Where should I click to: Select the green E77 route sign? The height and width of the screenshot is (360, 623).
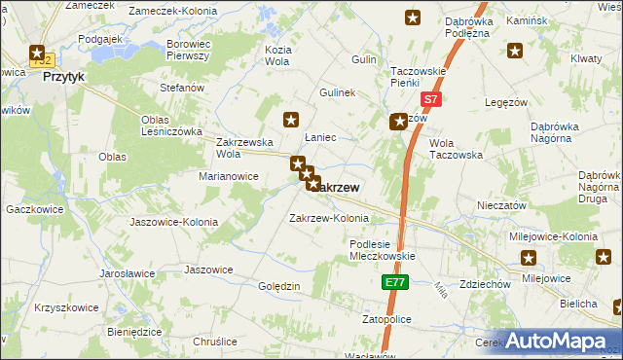(x=393, y=282)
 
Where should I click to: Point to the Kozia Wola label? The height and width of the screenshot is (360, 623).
(x=278, y=55)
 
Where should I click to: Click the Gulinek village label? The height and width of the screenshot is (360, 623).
(x=338, y=92)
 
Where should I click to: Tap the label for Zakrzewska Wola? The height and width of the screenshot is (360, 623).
(x=242, y=147)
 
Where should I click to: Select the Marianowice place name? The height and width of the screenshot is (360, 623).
(x=229, y=176)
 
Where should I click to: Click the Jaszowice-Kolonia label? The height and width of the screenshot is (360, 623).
(x=173, y=222)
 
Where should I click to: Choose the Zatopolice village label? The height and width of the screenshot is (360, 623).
(x=387, y=319)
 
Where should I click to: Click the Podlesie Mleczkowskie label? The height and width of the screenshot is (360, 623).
(x=383, y=250)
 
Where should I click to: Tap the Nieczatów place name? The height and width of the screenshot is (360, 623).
(x=502, y=205)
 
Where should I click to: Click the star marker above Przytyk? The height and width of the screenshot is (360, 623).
(x=37, y=54)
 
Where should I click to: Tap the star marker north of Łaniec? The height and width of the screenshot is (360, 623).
(x=290, y=120)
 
